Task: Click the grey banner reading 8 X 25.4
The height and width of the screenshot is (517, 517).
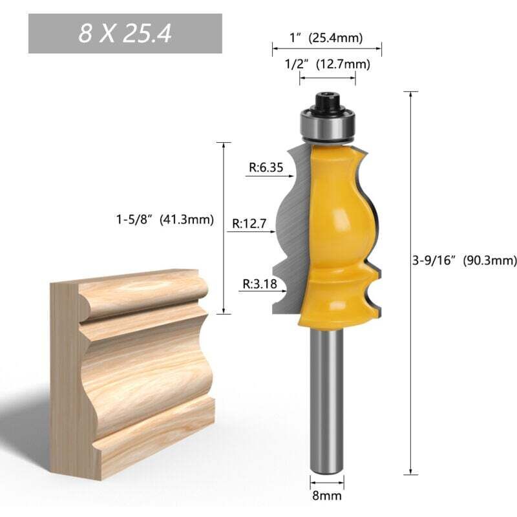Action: click(125, 34)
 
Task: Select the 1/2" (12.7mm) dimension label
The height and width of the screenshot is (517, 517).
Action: click(327, 63)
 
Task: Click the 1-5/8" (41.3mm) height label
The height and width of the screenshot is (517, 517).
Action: click(160, 219)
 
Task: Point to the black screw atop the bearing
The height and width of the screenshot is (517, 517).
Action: click(326, 101)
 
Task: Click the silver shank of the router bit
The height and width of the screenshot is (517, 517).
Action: click(326, 401)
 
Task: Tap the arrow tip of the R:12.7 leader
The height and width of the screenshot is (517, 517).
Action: click(276, 227)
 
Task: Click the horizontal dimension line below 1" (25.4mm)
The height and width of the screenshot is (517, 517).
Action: click(326, 48)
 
